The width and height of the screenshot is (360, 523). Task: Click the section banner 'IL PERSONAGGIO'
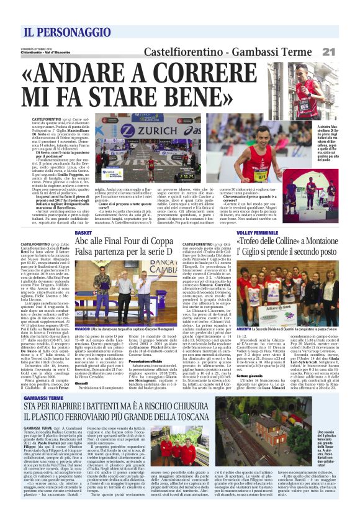coord(56,31)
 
